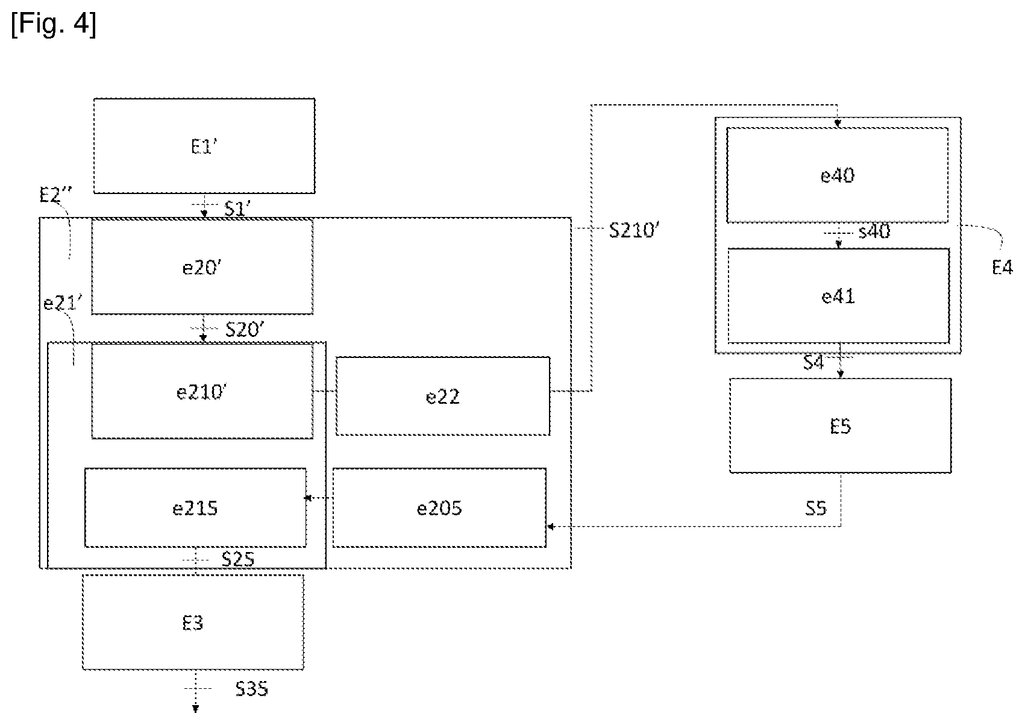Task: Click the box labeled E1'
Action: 204,146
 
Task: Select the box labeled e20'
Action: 202,267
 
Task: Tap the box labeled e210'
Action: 202,391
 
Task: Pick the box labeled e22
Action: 443,396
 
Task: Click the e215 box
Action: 195,507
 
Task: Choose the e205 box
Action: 439,507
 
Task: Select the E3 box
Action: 193,623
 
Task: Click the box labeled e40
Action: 838,175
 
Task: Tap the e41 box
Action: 838,296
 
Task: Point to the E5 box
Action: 840,425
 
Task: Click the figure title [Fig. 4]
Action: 54,25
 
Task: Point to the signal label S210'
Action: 634,230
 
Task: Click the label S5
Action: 816,509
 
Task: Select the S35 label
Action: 252,689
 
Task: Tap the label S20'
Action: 245,329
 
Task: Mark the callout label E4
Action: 1002,267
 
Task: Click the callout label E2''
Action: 55,195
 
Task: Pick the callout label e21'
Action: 63,303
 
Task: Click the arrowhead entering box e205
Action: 551,526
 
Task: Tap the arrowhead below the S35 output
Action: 195,709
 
